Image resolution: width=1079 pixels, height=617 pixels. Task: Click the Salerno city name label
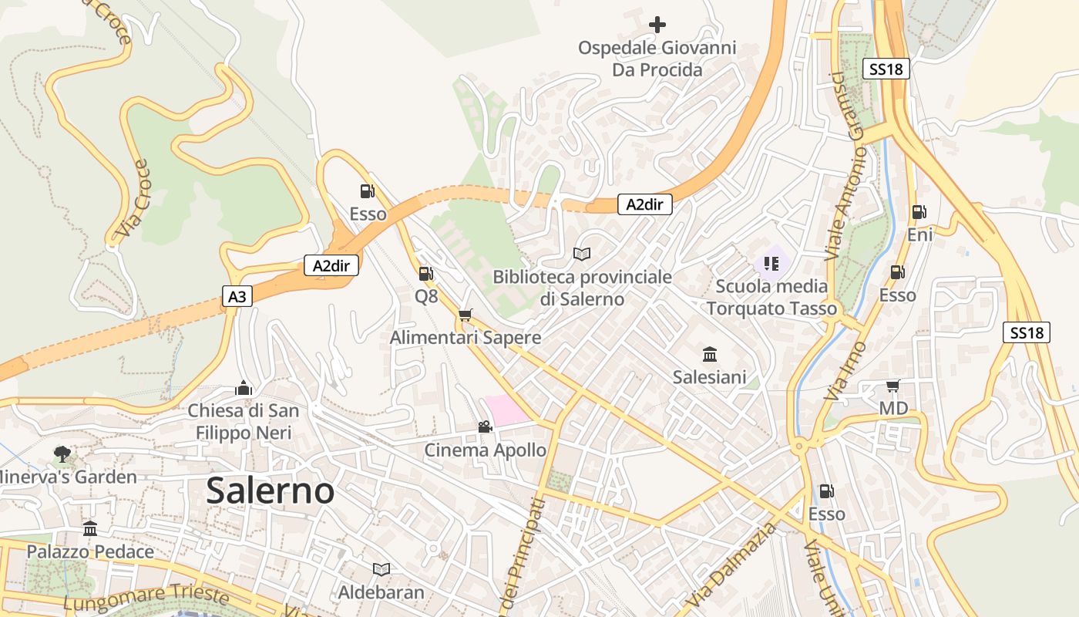[x=271, y=491]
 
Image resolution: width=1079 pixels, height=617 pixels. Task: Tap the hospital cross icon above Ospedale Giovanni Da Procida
[x=657, y=25]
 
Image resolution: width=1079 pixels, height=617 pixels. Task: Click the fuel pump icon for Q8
[x=425, y=273]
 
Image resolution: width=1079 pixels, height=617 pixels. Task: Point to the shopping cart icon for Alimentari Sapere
[x=465, y=315]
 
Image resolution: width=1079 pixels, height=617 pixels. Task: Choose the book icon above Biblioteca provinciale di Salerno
[x=582, y=254]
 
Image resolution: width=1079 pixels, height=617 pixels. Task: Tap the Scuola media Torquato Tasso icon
[x=771, y=264]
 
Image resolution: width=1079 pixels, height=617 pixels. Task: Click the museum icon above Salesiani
[x=709, y=355]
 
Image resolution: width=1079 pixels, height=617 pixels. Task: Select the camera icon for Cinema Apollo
[x=485, y=427]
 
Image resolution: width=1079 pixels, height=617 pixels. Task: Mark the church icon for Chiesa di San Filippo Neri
[x=244, y=388]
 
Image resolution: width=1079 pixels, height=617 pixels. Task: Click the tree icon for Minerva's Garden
[x=62, y=454]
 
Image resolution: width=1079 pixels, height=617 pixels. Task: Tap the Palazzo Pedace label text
[x=90, y=551]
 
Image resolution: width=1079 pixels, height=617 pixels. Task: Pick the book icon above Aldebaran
[x=381, y=569]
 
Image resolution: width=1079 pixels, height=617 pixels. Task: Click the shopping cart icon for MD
[x=892, y=386]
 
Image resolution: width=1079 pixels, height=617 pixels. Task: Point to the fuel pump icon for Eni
[x=919, y=212]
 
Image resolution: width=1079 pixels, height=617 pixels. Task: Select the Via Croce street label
[x=132, y=199]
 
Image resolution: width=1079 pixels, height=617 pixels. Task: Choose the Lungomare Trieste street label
[x=146, y=596]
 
